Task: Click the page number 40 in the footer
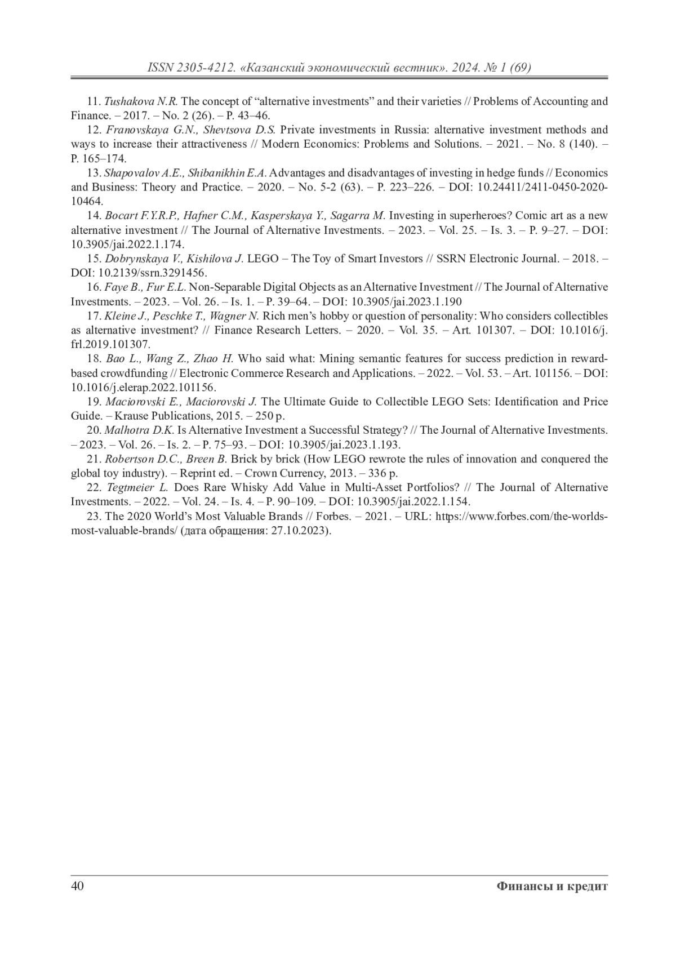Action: pyautogui.click(x=77, y=886)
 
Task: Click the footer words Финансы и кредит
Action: pyautogui.click(x=552, y=886)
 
